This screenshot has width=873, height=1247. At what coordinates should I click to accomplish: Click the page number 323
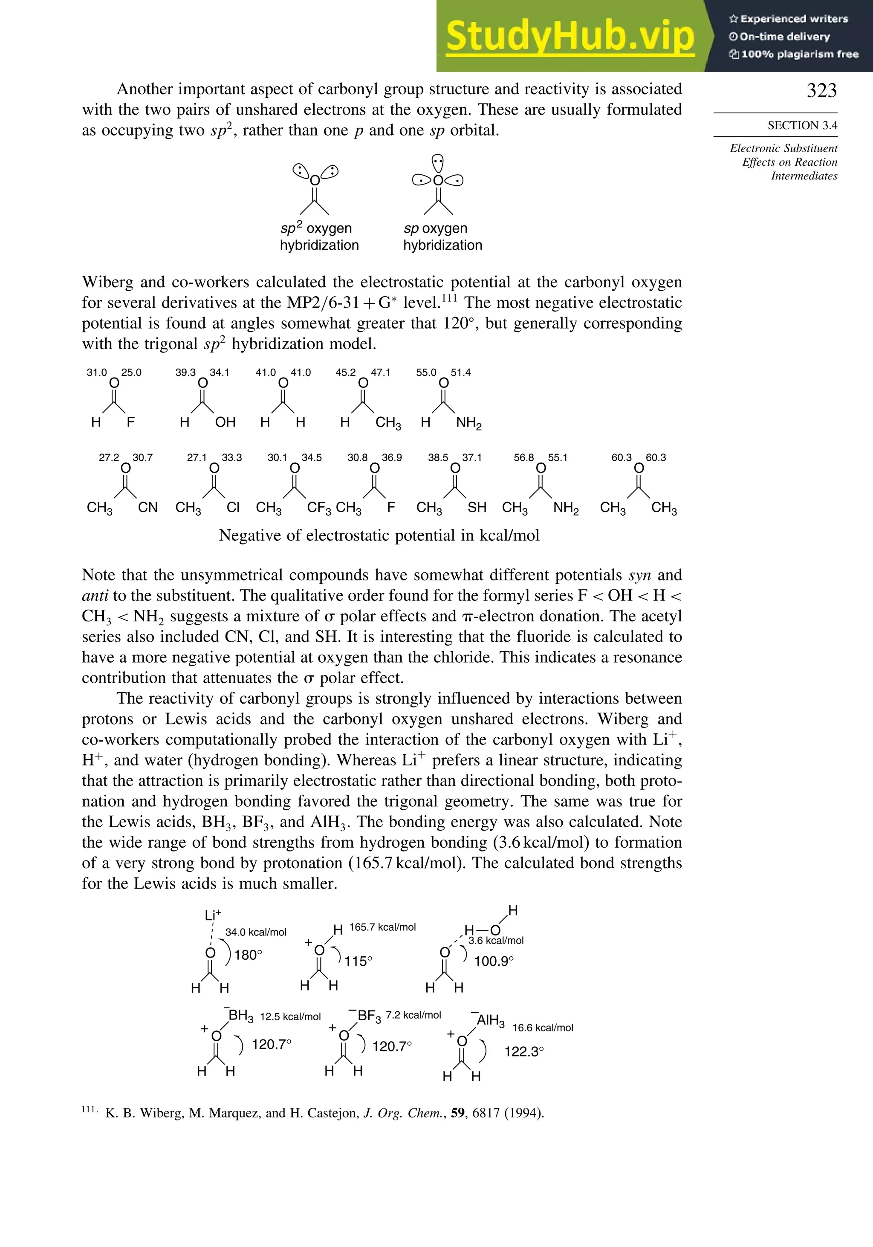point(821,90)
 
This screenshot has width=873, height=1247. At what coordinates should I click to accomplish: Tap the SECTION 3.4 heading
point(802,125)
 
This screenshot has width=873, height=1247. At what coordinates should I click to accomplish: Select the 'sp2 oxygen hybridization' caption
point(319,237)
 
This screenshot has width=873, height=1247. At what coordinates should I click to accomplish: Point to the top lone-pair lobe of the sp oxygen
point(437,162)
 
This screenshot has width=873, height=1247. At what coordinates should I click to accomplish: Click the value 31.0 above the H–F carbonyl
point(97,372)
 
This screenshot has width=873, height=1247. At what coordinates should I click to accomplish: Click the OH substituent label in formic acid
point(225,422)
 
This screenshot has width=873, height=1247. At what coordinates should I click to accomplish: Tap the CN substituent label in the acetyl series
point(148,507)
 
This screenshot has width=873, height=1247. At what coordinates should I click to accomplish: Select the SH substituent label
point(477,507)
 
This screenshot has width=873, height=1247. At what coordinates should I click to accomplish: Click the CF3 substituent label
point(319,508)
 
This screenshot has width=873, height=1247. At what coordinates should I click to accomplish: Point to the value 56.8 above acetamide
point(524,457)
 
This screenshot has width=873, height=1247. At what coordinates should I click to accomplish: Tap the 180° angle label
point(248,955)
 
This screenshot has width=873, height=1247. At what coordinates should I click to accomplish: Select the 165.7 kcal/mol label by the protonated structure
point(382,927)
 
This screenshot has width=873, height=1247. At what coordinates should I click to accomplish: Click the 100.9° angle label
point(493,961)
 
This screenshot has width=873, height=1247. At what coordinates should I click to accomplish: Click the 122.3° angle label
point(524,1051)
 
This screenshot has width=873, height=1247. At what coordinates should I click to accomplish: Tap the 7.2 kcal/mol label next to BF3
point(413,1015)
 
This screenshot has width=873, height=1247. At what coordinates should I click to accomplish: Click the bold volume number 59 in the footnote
point(457,1113)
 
